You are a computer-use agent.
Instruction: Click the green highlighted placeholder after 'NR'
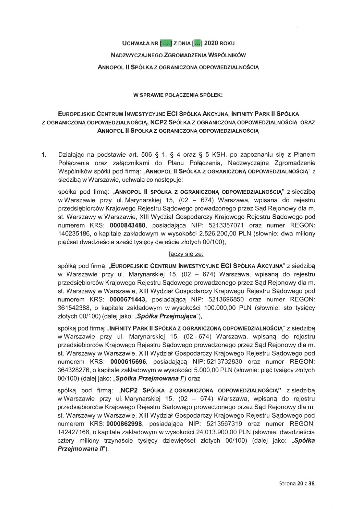pyautogui.click(x=166, y=44)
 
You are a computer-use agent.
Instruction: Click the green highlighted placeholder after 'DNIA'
pyautogui.click(x=196, y=44)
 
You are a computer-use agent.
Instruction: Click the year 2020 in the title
pyautogui.click(x=211, y=44)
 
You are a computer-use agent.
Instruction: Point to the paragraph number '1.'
pyautogui.click(x=44, y=155)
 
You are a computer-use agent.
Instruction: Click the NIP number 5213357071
pyautogui.click(x=224, y=225)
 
